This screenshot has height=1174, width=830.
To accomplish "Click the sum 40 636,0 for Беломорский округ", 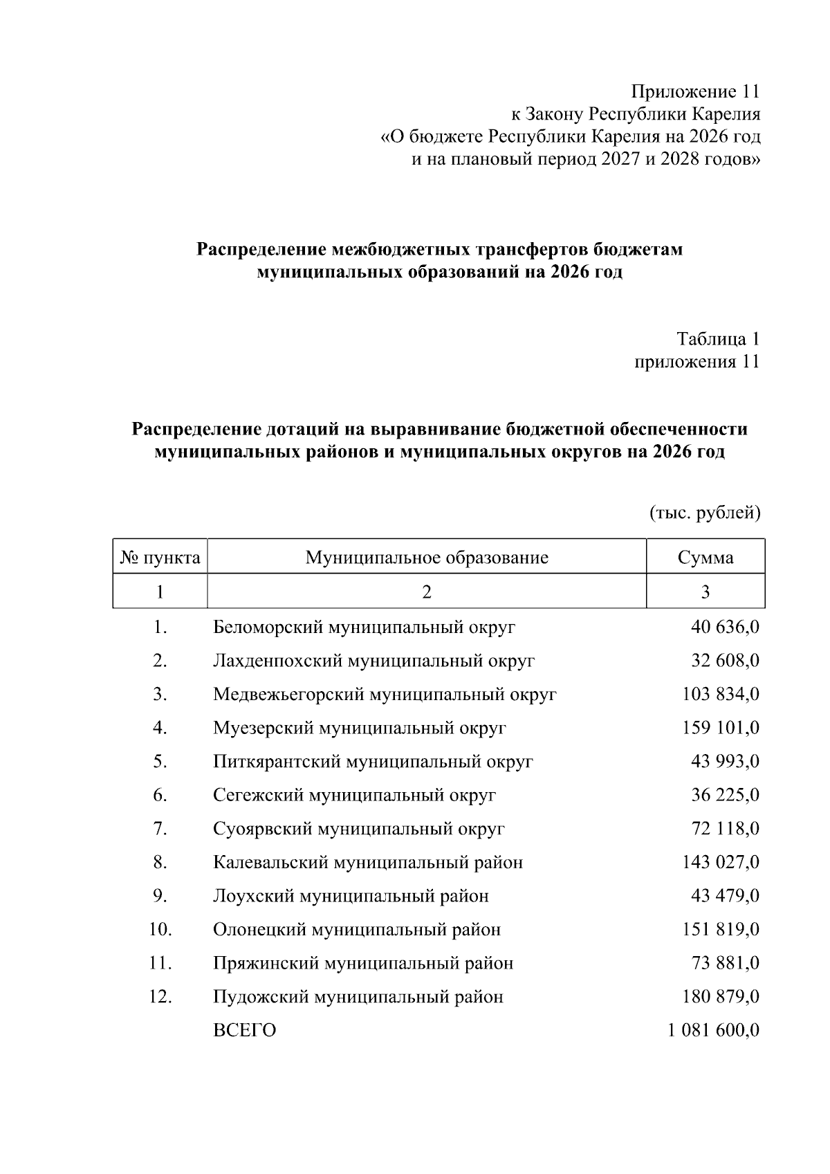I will [x=725, y=627].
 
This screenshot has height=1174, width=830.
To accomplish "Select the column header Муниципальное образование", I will [x=427, y=558].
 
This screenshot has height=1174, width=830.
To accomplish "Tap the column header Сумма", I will [x=705, y=558].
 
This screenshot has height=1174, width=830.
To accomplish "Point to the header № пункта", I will [x=160, y=558].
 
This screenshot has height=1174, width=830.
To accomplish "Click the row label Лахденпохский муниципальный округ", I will [x=373, y=661].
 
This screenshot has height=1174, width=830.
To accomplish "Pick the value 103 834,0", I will [x=721, y=695].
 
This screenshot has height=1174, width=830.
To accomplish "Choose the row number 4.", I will [x=160, y=728].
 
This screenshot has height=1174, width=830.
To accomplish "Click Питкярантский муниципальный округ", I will [x=373, y=762].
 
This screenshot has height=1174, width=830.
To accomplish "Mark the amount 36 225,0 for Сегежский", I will [x=725, y=796].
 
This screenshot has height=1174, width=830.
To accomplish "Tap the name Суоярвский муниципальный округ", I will [x=359, y=829].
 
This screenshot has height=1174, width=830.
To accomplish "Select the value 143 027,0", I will [x=721, y=863].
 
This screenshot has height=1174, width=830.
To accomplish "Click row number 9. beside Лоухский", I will [x=160, y=897].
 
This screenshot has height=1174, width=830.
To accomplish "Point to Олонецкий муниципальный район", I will [x=357, y=930].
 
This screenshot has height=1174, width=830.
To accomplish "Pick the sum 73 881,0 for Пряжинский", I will [x=725, y=964].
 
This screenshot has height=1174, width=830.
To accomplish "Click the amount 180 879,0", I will [x=721, y=997].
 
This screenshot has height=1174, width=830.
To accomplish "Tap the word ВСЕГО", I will [x=244, y=1031].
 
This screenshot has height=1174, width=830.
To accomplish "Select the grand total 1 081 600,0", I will [x=714, y=1031].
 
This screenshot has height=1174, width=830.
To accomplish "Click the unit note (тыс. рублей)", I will [x=705, y=513].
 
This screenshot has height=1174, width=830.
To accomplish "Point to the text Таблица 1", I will [x=718, y=339].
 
